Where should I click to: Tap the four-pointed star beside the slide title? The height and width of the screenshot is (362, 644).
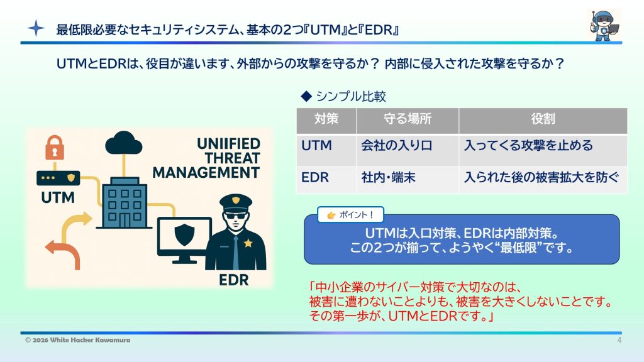pyautogui.click(x=36, y=28)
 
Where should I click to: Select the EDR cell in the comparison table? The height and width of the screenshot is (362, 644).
pyautogui.click(x=315, y=177)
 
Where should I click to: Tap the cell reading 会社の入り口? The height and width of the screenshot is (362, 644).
pyautogui.click(x=396, y=146)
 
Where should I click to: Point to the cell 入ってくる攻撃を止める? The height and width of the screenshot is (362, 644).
pyautogui.click(x=528, y=146)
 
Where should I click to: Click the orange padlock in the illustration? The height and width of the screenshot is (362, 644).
pyautogui.click(x=54, y=149)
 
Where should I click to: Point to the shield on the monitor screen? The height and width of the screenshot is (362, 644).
pyautogui.click(x=184, y=234)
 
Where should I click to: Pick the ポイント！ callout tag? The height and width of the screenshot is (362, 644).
pyautogui.click(x=350, y=215)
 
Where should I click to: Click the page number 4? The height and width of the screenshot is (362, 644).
pyautogui.click(x=619, y=340)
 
